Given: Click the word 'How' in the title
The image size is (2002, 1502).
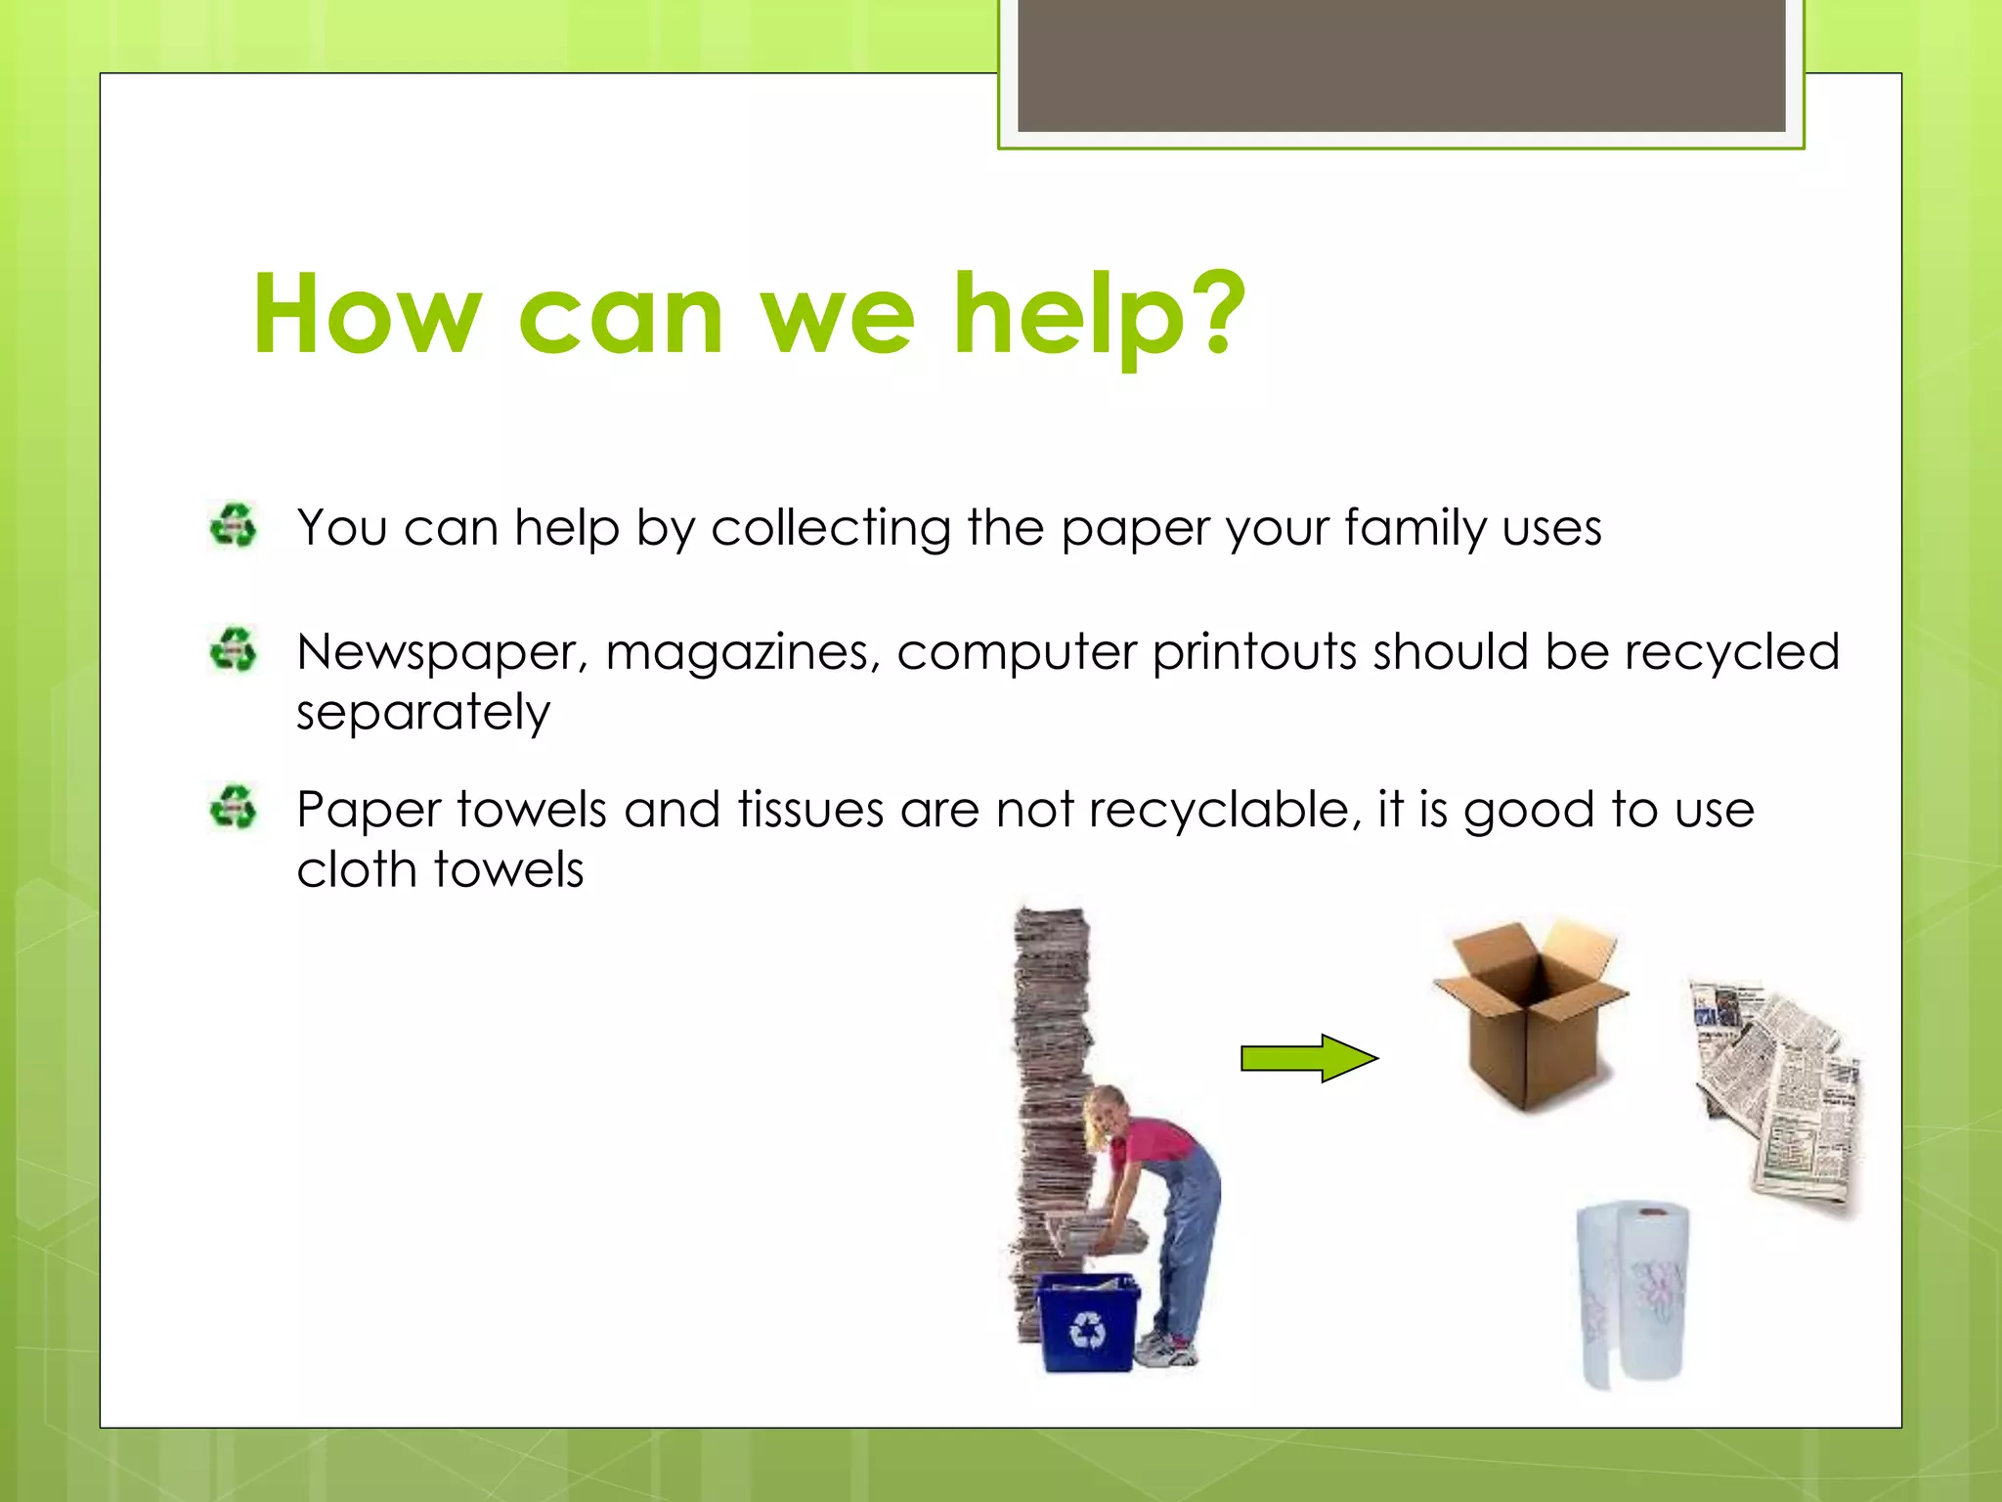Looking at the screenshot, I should click(x=367, y=315).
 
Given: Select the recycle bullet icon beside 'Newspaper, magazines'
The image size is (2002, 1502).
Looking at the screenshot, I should click(x=233, y=650).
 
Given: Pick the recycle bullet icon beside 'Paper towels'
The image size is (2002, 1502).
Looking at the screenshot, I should click(x=233, y=808).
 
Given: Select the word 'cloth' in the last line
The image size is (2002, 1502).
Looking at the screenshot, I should click(x=357, y=869).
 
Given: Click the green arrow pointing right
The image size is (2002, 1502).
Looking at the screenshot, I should click(x=1308, y=1058).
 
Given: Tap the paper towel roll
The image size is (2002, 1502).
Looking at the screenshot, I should click(x=1632, y=1292).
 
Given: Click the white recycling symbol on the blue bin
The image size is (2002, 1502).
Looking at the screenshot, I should click(x=1087, y=1330).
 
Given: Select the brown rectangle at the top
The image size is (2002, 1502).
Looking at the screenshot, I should click(x=1401, y=66).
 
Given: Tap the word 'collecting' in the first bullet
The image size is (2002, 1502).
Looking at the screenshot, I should click(x=831, y=528).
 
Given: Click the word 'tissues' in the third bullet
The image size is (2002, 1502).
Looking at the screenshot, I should click(x=810, y=811).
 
